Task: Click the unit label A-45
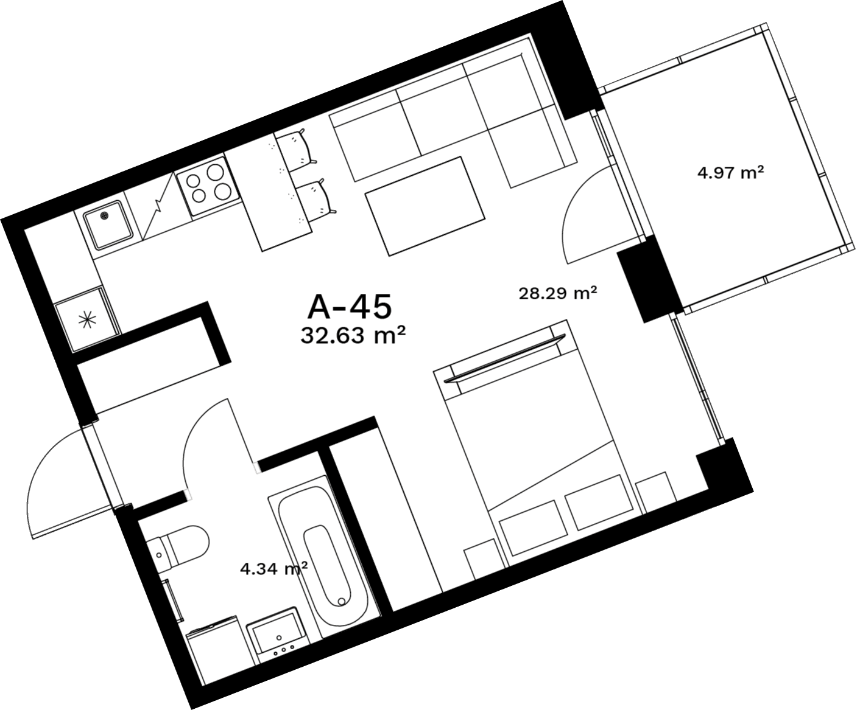tap(349, 307)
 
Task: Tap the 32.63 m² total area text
tap(353, 336)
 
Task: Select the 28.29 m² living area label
tap(558, 293)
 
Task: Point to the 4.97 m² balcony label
tap(731, 173)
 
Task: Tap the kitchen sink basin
tap(108, 224)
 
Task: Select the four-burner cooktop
tap(208, 186)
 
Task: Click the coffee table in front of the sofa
tap(425, 206)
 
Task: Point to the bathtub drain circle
tap(341, 602)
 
